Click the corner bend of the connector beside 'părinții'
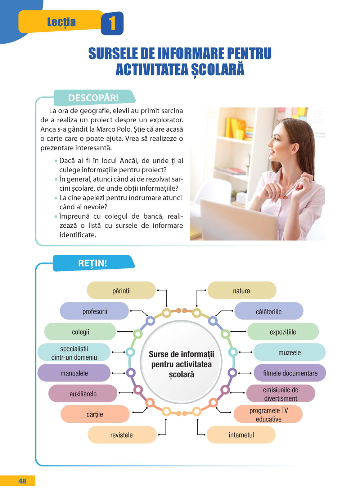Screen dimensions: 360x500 166,290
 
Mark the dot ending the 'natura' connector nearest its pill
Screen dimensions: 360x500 205,290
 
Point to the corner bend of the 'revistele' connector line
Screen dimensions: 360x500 166,435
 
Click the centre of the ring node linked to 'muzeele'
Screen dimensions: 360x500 233,352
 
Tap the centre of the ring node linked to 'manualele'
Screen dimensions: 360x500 131,373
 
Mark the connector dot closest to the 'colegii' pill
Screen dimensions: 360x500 118,331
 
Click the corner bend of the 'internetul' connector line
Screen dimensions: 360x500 198,435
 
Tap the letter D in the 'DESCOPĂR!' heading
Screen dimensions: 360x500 72,98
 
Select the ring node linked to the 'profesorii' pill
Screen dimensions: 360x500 150,321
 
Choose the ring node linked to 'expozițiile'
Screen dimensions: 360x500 225,334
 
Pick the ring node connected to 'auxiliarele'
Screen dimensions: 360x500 138,390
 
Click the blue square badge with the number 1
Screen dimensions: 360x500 112,23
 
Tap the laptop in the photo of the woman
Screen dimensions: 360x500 239,220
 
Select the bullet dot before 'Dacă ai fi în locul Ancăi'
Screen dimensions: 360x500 56,161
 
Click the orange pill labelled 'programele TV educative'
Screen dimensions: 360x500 268,414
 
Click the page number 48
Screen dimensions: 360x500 22,481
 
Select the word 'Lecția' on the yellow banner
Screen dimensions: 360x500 62,22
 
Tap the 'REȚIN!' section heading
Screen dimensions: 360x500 93,263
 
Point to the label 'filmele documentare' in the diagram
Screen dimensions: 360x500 290,373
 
